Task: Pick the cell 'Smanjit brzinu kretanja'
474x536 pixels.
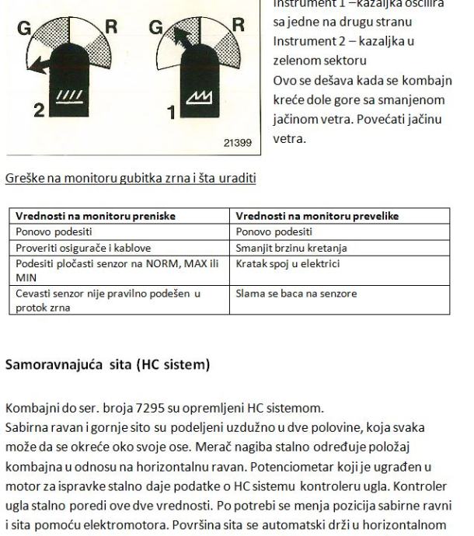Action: point(291,248)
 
